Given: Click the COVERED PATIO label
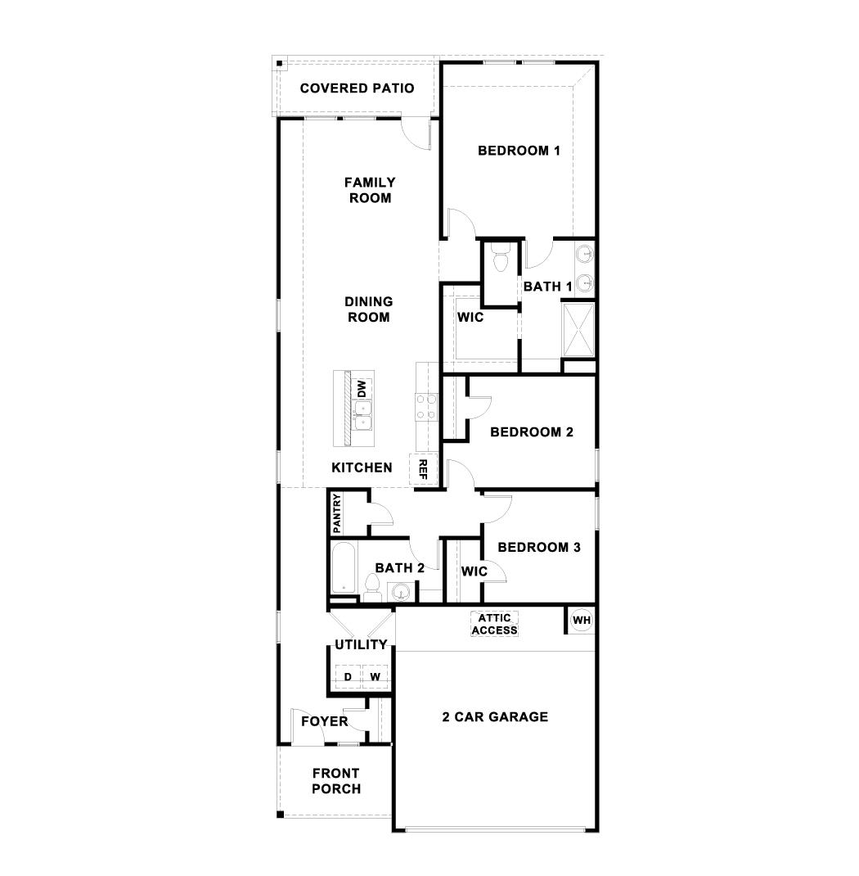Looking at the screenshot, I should [357, 88].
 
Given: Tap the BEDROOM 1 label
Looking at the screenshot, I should [519, 151].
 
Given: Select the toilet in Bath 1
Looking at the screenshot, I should [501, 259].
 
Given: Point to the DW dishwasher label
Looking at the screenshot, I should [362, 388].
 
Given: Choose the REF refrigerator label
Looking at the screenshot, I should [424, 468].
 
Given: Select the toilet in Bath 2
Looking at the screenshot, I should [372, 586].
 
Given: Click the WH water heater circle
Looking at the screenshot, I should [581, 621].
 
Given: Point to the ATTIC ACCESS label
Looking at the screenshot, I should [495, 624].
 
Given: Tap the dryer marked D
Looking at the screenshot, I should [347, 677].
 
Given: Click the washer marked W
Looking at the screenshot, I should [375, 677].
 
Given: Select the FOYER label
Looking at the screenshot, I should [324, 721].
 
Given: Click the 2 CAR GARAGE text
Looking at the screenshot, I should [495, 717].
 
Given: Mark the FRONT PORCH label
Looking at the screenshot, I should [335, 781].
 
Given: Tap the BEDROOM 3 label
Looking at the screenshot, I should [539, 548].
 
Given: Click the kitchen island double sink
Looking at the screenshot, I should [362, 416].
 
